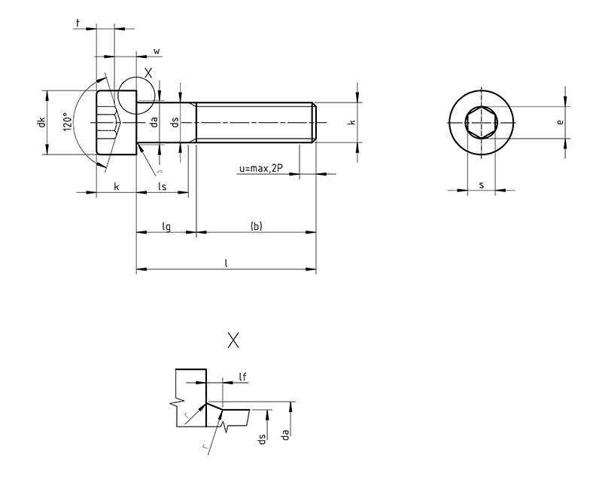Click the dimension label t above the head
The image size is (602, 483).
pyautogui.click(x=78, y=23)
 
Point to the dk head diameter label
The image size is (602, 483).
pyautogui.click(x=42, y=122)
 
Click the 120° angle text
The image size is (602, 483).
pyautogui.click(x=67, y=122)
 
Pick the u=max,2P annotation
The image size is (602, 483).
pyautogui.click(x=260, y=170)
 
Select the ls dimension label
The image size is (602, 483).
pyautogui.click(x=162, y=185)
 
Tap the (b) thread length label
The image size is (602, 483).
pyautogui.click(x=256, y=226)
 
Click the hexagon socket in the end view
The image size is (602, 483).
pyautogui.click(x=481, y=122)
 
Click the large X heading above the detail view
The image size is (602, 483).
pyautogui.click(x=233, y=341)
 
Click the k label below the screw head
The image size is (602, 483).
pyautogui.click(x=116, y=185)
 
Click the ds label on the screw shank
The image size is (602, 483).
pyautogui.click(x=174, y=122)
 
